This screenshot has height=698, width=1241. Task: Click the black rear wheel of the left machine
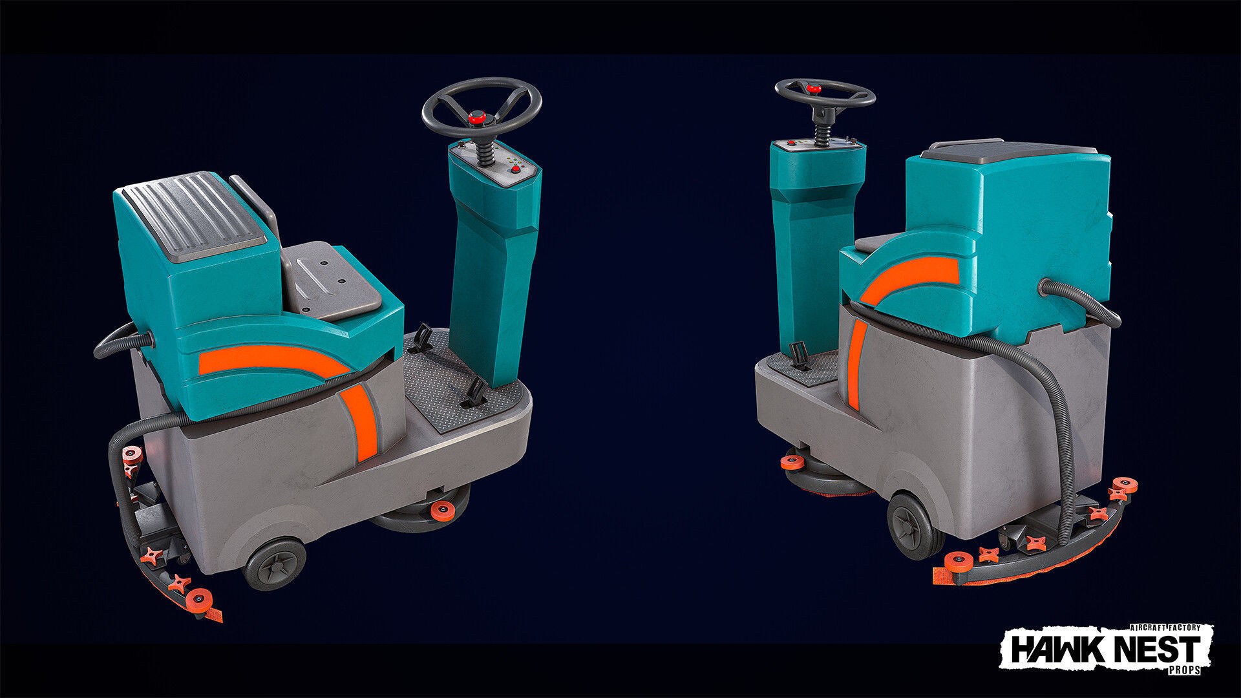275,564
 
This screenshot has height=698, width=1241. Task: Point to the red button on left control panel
516,170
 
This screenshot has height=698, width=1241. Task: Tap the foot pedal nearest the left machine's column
476,393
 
